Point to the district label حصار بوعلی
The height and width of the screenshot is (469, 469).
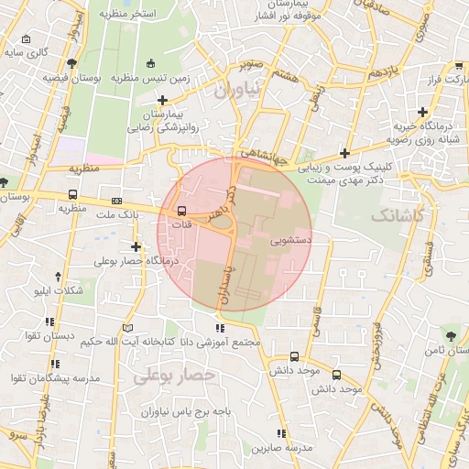point(174,376)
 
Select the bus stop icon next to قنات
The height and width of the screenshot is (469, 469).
point(180,211)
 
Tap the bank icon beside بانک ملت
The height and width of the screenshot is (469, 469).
point(116,200)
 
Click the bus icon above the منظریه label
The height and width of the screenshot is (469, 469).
point(72,194)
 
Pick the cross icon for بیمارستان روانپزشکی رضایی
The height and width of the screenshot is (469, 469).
point(163,100)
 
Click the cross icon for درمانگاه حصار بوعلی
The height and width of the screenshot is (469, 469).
point(136,246)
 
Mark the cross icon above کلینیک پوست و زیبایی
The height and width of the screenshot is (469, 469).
point(344,153)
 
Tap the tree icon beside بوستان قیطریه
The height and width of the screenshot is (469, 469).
point(71,62)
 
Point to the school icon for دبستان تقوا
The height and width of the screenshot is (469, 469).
point(50,322)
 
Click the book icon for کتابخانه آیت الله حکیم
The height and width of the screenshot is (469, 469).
point(128,327)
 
